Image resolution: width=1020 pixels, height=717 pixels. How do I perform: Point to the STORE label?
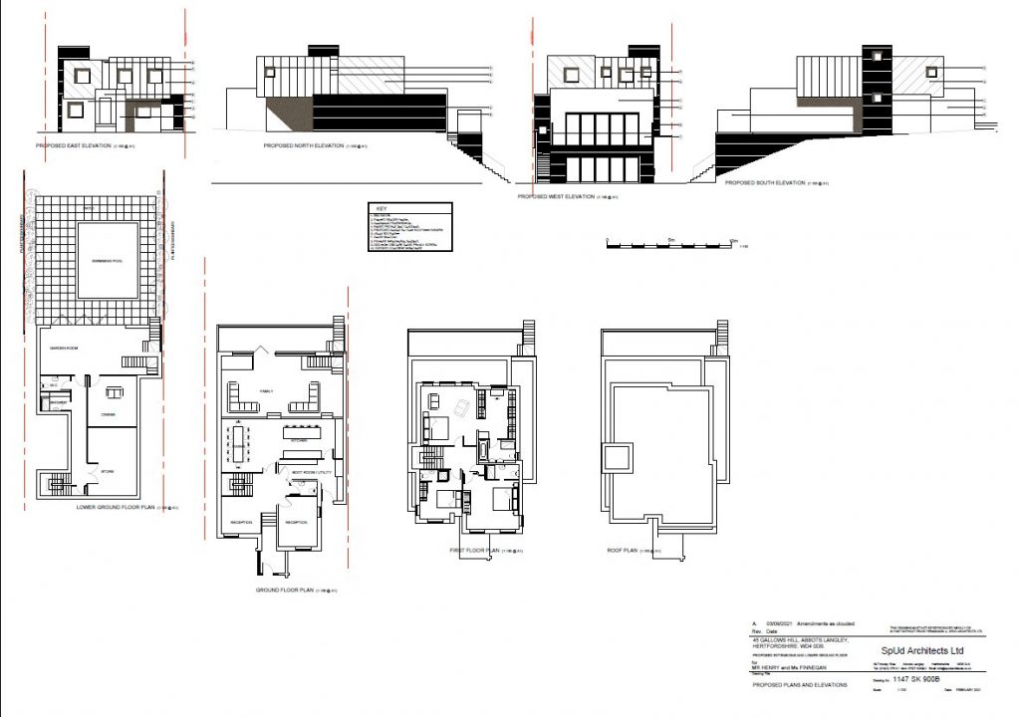pos(108,472)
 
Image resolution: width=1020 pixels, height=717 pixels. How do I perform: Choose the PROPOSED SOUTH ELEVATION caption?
pos(764,183)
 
